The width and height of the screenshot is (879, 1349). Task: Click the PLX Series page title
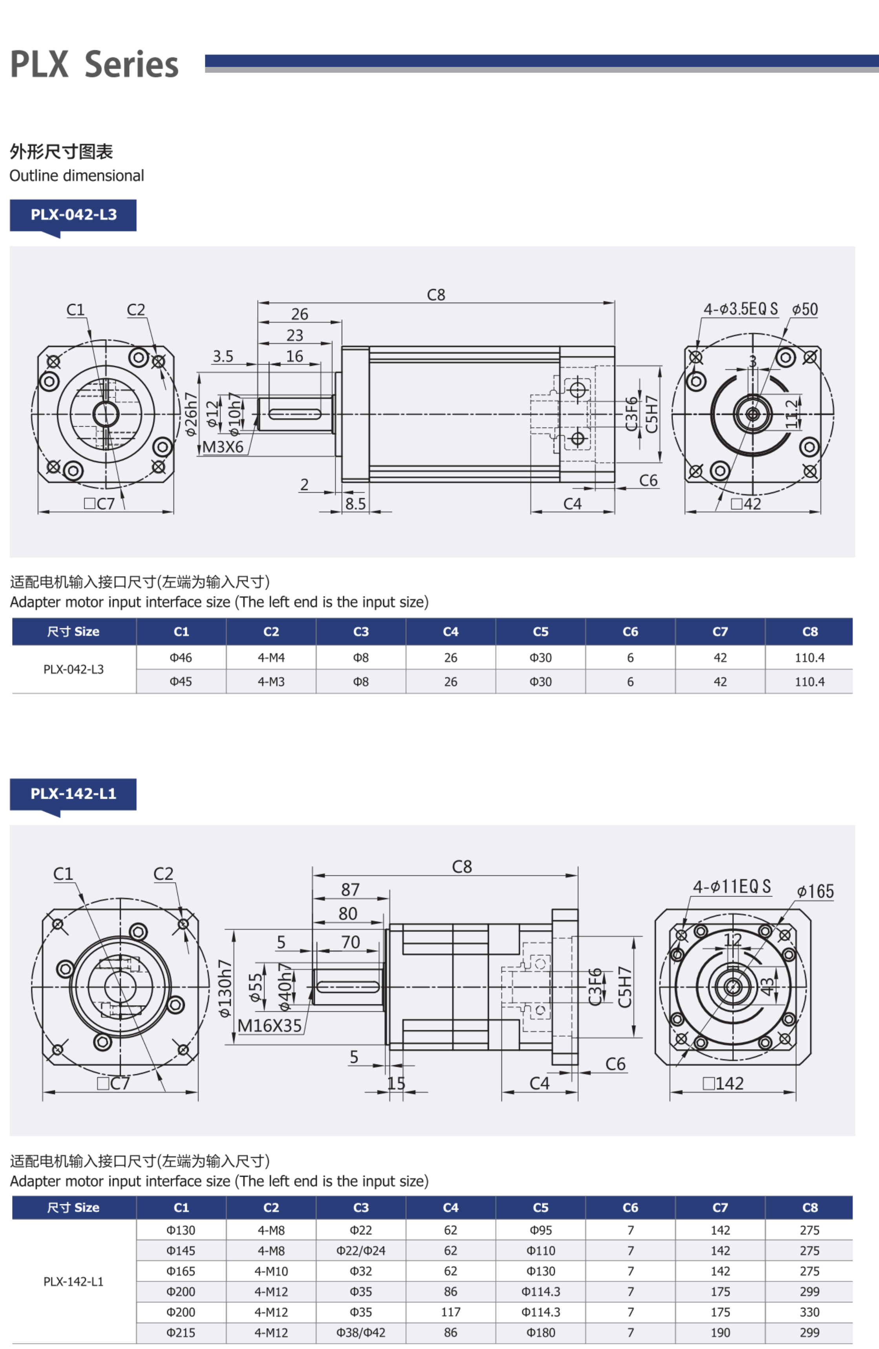[x=94, y=64]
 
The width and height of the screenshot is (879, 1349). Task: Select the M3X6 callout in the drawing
[x=223, y=447]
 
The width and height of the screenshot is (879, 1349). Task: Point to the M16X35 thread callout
[x=269, y=1026]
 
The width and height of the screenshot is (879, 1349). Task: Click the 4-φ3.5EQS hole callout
[x=740, y=309]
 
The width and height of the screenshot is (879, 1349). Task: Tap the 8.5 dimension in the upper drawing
[x=356, y=504]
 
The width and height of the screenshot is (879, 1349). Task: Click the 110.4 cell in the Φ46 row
[x=809, y=658]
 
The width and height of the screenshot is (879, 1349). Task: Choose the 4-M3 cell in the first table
[x=271, y=682]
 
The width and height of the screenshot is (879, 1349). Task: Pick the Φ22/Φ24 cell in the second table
[x=361, y=1251]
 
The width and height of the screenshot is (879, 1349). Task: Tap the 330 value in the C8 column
[x=809, y=1312]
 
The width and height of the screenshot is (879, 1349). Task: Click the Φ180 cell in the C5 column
[x=541, y=1333]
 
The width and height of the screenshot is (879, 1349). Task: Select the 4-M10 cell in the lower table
[x=271, y=1271]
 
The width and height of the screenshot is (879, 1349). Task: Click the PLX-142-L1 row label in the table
[x=74, y=1281]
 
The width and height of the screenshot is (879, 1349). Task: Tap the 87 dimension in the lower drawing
[x=350, y=890]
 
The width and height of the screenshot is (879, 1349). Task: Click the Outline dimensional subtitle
[x=77, y=176]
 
